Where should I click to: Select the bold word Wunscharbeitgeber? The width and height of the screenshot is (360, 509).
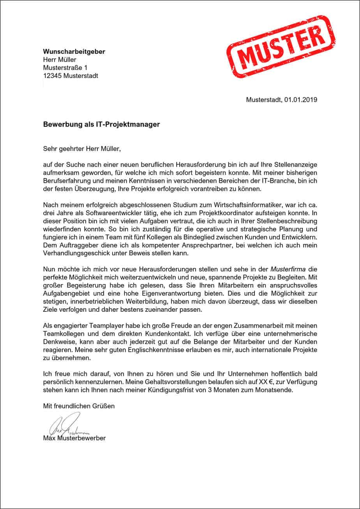pos(74,51)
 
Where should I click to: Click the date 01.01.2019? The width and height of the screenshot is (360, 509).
pos(300,100)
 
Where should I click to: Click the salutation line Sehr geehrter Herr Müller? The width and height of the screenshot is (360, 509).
pos(85,148)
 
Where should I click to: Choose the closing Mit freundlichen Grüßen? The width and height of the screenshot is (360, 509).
pos(79,406)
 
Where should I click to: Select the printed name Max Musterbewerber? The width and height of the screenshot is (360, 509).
pos(74,438)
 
